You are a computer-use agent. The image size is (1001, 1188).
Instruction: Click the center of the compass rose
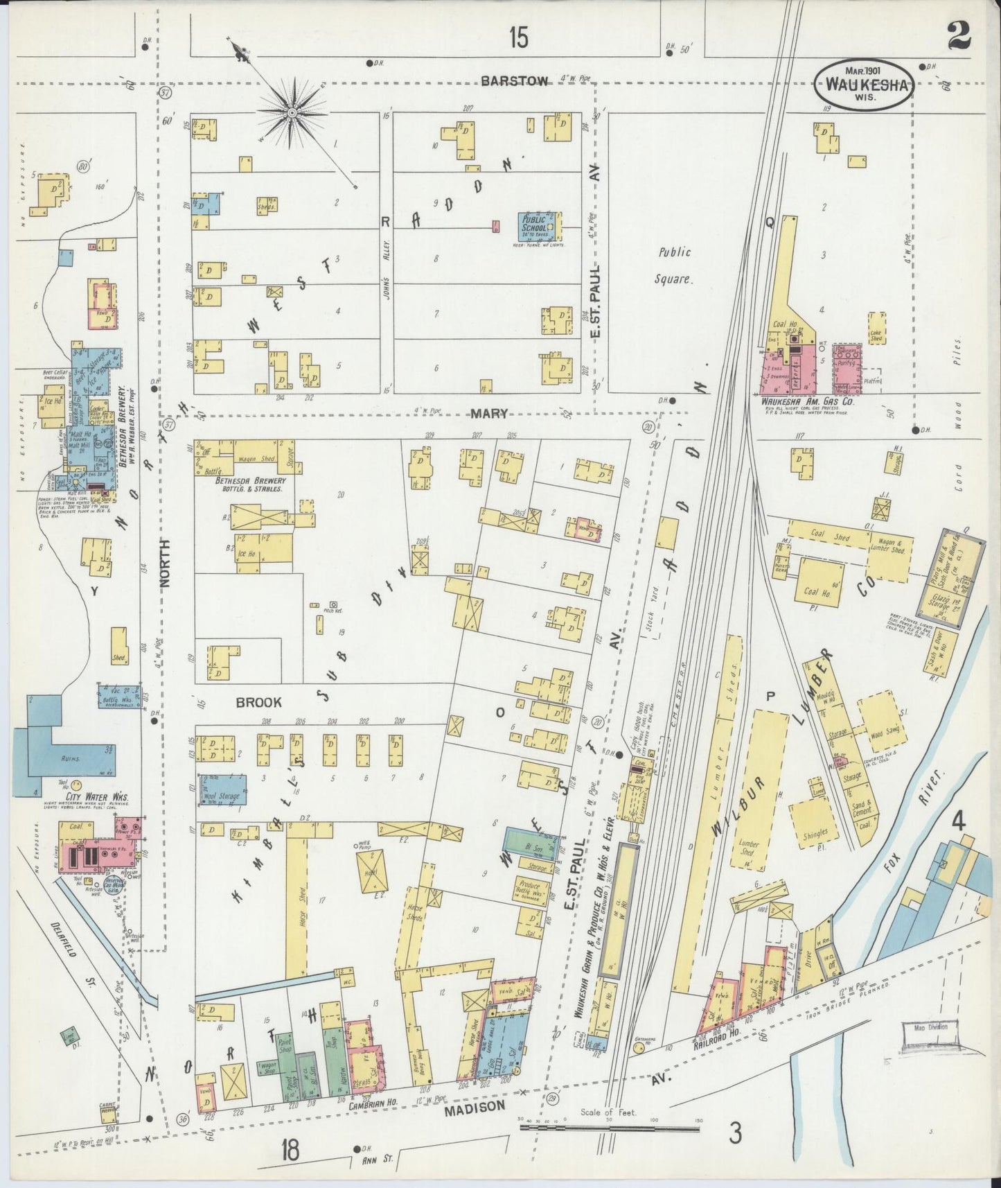point(292,112)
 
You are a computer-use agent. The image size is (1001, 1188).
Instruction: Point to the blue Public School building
point(540,225)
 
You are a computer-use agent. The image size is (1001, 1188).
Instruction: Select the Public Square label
point(674,266)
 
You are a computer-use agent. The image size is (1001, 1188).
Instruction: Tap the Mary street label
point(490,414)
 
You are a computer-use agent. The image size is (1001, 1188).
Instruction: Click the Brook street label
point(258,701)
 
